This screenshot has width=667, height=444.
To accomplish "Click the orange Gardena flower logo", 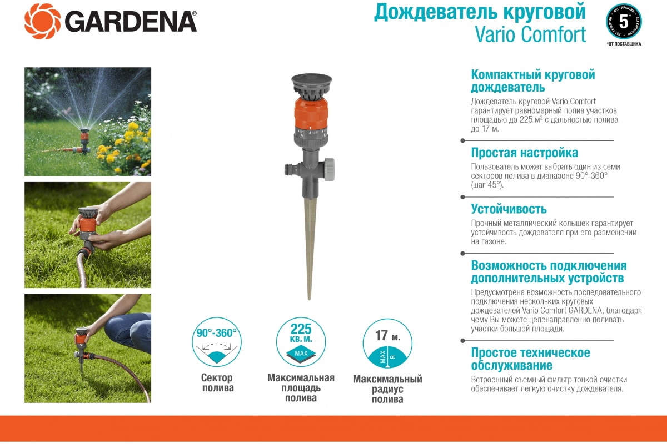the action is pos(43,22).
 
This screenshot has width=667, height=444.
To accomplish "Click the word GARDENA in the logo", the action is pos(131,22).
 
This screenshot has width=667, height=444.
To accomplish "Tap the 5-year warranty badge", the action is pos(624,22).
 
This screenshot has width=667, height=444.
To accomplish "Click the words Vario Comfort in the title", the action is pos(530,34).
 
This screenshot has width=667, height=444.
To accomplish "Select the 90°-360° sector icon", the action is pos(217,342).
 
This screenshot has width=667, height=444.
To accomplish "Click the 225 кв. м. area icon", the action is pos(301,342).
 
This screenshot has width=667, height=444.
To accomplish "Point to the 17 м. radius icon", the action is pos(387,344).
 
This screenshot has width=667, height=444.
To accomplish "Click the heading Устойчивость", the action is pos(509,209).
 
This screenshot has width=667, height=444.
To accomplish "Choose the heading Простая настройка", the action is pos(524,153).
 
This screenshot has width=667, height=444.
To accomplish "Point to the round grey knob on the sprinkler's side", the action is pos(329,169).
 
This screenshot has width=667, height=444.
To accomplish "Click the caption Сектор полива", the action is pos(217,383).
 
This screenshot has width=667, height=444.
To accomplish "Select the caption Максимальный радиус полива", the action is pos(387,389).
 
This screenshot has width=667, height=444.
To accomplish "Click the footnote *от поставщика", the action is pos(624,44).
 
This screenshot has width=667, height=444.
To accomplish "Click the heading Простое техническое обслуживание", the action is pos(530,359).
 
